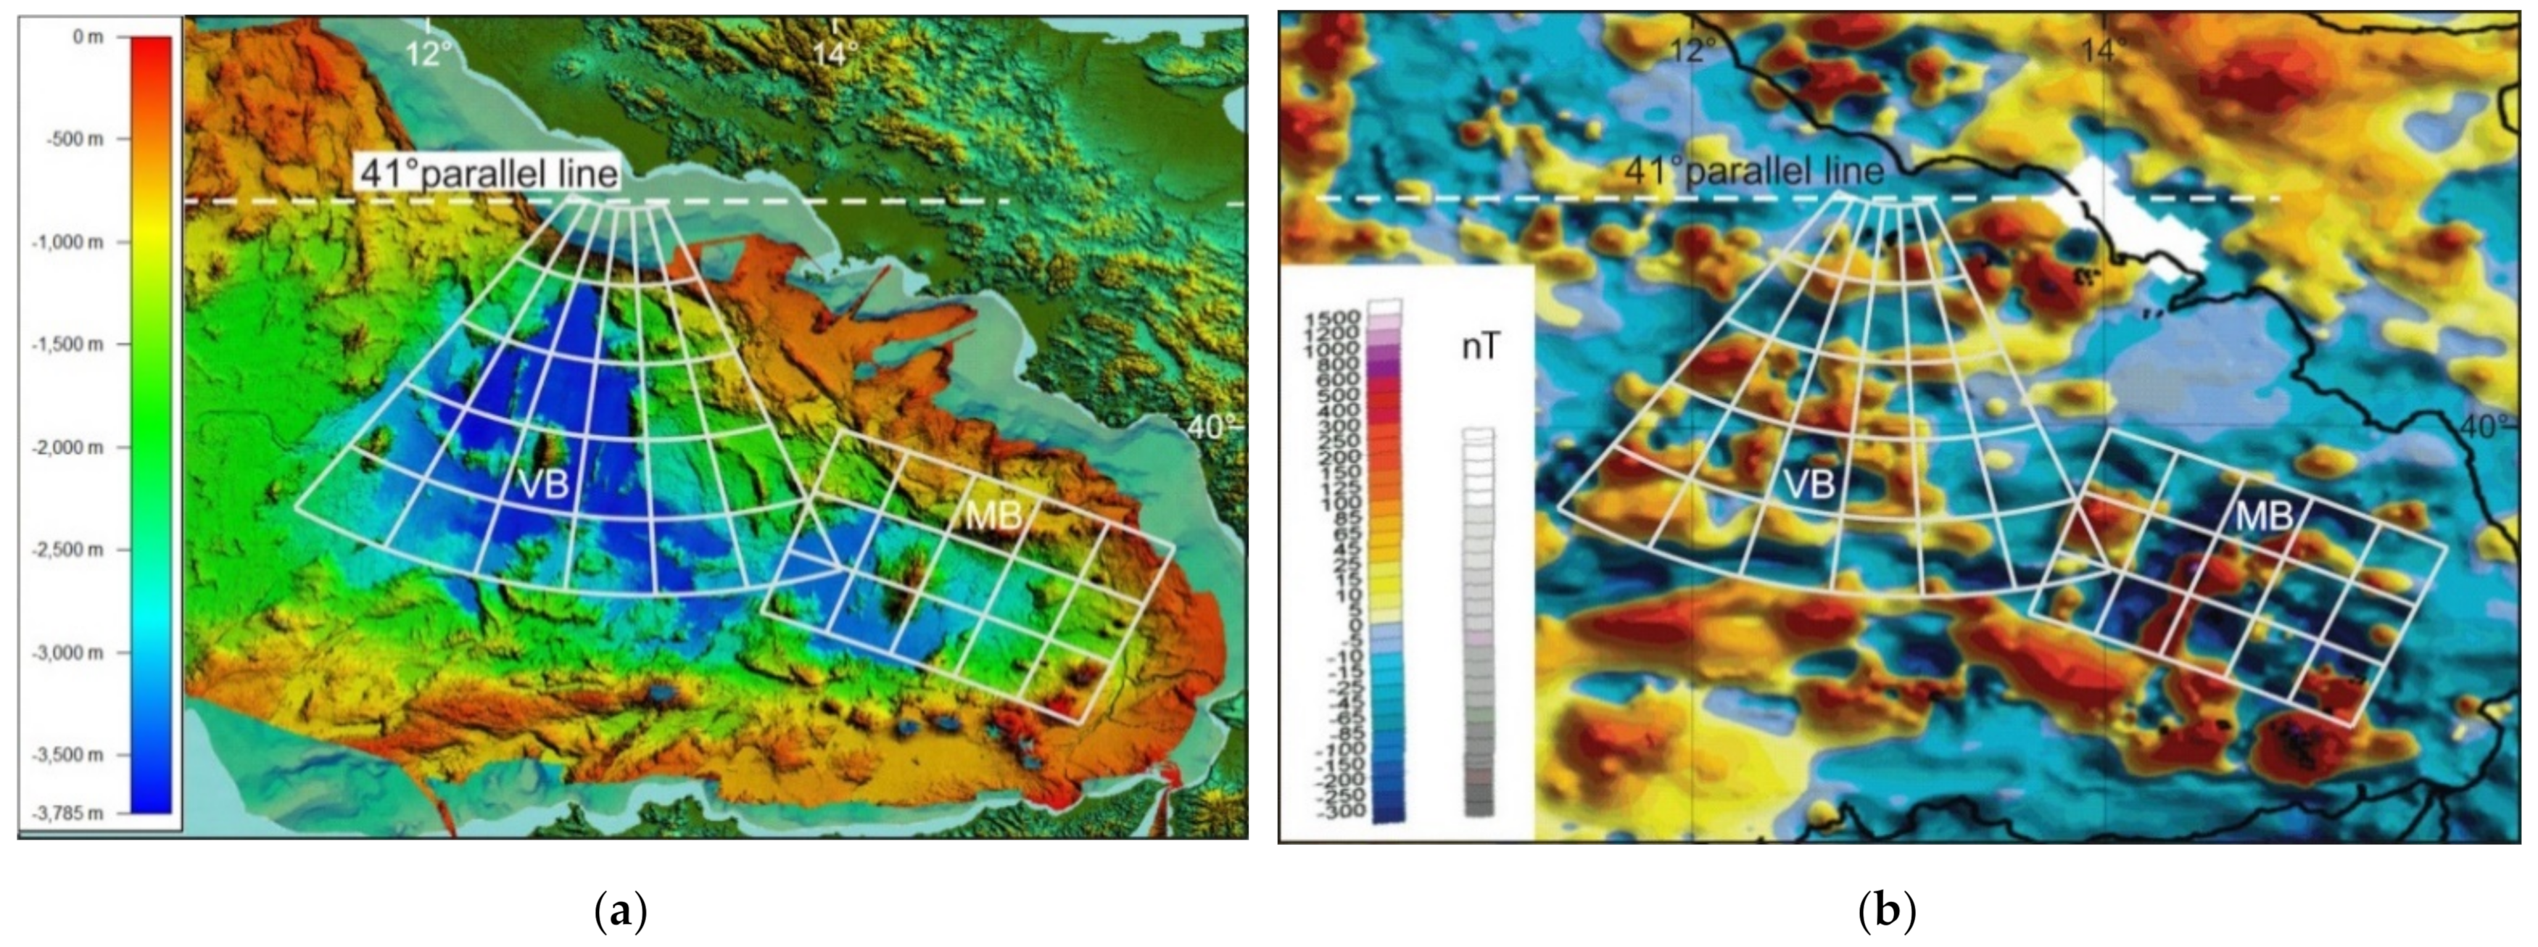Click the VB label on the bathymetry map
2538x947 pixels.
coord(543,483)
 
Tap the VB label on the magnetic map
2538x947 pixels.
coord(1810,484)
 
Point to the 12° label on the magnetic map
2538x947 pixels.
coord(1692,49)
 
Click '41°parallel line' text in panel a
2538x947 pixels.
coord(488,175)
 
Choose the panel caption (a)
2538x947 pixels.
coord(621,911)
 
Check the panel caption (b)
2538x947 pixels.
coord(1886,911)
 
